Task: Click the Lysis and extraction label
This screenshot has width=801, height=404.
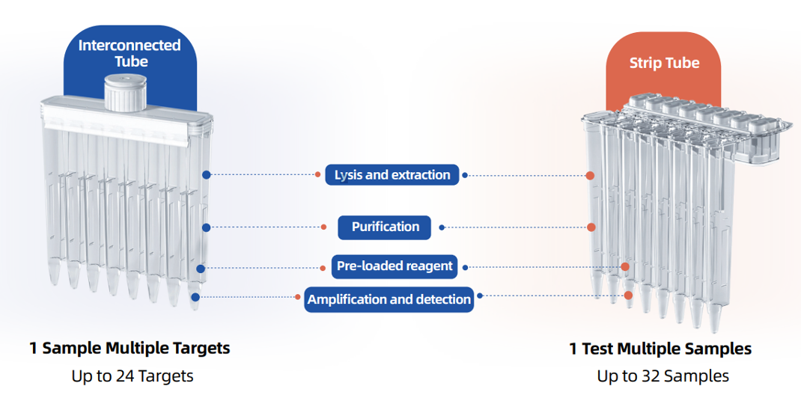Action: (392, 174)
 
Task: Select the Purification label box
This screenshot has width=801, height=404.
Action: (385, 227)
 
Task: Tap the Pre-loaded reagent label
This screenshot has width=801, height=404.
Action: (395, 266)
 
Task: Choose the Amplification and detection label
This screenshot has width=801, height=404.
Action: (389, 299)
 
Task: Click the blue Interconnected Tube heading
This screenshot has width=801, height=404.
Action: (130, 53)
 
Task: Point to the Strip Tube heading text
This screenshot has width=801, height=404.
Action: (664, 63)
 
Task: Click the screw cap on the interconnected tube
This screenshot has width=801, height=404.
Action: (125, 93)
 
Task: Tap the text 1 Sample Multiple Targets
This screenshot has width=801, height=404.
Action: (130, 349)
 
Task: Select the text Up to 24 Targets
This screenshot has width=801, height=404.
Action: (133, 376)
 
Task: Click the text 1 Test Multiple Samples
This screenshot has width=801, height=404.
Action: (660, 349)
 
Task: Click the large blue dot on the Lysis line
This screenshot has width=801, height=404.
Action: (207, 174)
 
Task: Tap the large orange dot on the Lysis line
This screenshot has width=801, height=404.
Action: (590, 176)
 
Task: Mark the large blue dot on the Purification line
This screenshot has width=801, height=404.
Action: (207, 227)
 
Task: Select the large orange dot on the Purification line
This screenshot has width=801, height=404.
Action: (591, 227)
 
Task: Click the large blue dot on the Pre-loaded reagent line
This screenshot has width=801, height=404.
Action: (201, 269)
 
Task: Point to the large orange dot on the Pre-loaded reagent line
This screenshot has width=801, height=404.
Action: (625, 266)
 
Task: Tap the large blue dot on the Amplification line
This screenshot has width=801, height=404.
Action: (195, 297)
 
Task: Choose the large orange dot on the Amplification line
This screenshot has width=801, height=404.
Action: (628, 296)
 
